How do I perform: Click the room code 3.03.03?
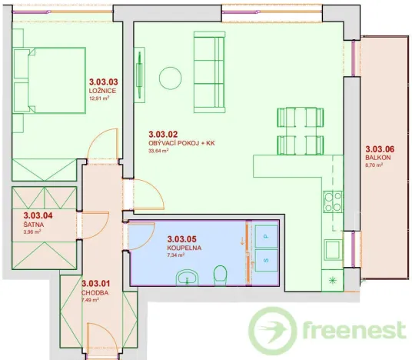coord(103,82)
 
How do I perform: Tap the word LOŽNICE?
coord(101,90)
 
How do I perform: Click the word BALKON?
coord(378,157)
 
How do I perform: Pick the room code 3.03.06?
coord(379,148)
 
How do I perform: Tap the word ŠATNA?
coord(34,225)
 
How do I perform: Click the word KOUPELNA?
coord(183,248)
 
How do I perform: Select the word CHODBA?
coord(94,292)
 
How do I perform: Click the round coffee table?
coord(170,78)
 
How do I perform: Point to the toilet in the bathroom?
coord(221,274)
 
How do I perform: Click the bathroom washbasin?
coord(186,276)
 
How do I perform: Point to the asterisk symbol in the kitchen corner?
coord(332,278)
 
